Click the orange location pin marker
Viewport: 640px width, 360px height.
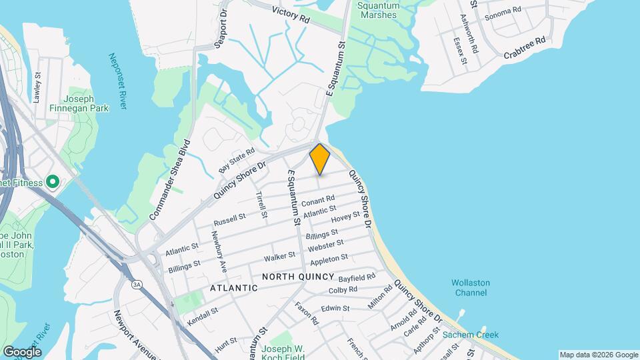pos(320,159)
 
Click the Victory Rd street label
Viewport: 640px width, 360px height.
pos(291,15)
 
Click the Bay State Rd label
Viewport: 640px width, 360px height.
pos(237,161)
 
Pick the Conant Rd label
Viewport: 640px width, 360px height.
pos(317,201)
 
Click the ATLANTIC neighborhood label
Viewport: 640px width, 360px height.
pos(233,288)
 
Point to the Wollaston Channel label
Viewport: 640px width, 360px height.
pos(471,288)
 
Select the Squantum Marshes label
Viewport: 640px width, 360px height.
pos(379,9)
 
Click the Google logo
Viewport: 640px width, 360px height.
pos(22,351)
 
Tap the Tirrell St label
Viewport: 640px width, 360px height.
pos(261,205)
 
